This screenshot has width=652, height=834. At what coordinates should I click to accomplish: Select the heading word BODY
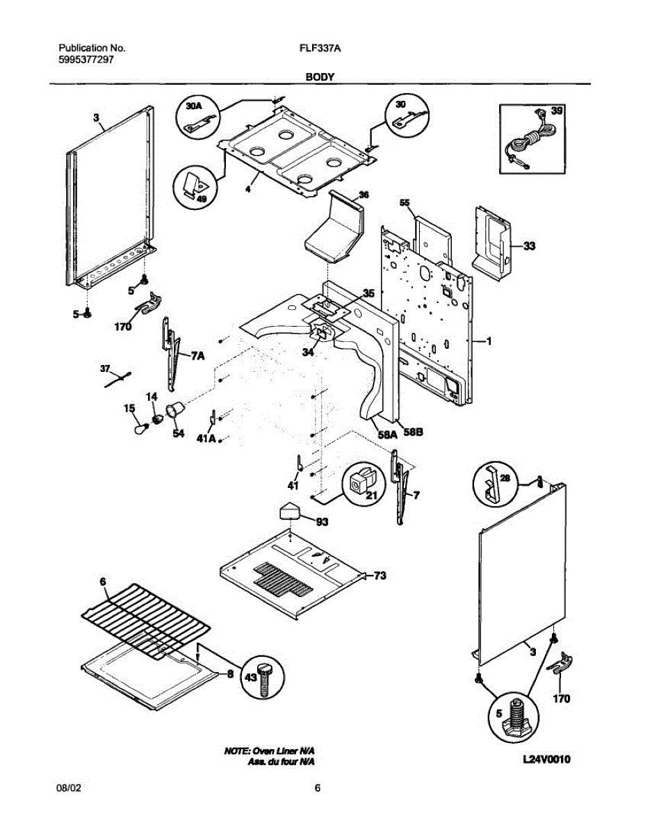320,77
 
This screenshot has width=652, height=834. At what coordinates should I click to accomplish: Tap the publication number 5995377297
86,60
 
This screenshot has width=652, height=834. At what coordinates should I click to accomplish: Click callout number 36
364,195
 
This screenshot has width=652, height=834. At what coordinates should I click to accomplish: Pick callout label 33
529,245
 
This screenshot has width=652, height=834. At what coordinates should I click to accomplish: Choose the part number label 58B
414,432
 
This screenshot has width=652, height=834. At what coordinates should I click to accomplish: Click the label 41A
206,439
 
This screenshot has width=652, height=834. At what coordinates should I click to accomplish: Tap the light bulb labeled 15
141,428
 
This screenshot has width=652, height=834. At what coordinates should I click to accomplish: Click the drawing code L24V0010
546,759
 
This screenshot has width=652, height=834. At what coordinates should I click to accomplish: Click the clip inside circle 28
493,485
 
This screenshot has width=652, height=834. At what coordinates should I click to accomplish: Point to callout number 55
405,202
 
